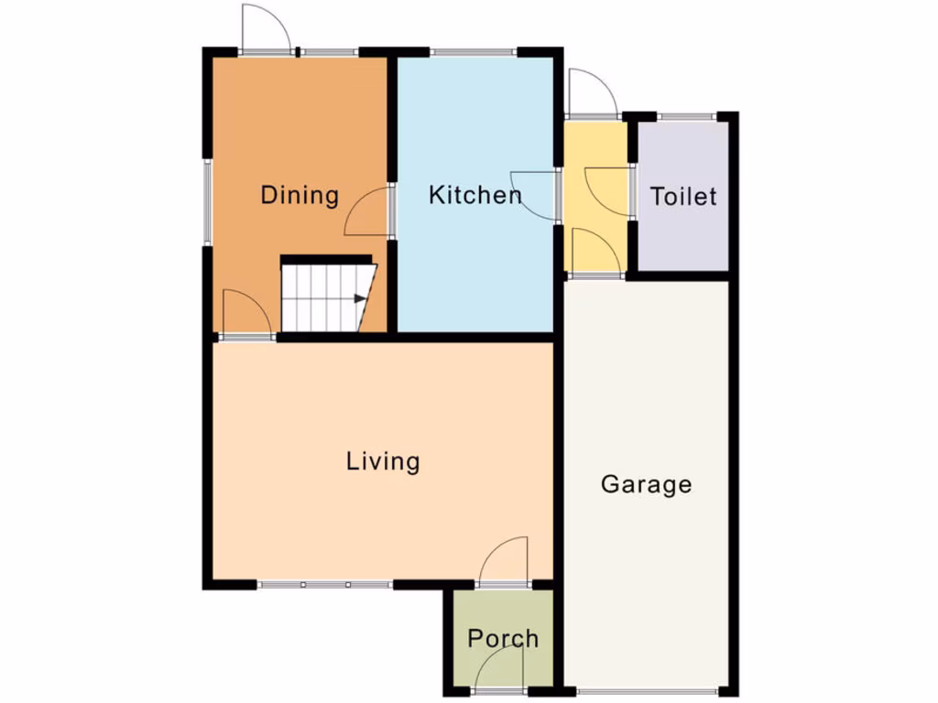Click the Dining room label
pyautogui.click(x=300, y=195)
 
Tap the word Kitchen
pyautogui.click(x=474, y=195)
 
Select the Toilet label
pyautogui.click(x=683, y=196)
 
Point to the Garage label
pyautogui.click(x=646, y=483)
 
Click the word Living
pyautogui.click(x=383, y=460)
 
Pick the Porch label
pyautogui.click(x=503, y=638)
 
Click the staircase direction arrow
pyautogui.click(x=358, y=298)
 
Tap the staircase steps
pyautogui.click(x=321, y=297)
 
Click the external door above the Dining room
pyautogui.click(x=267, y=29)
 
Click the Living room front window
pyautogui.click(x=325, y=584)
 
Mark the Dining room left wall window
pyautogui.click(x=208, y=202)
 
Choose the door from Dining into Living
pyautogui.click(x=246, y=316)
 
